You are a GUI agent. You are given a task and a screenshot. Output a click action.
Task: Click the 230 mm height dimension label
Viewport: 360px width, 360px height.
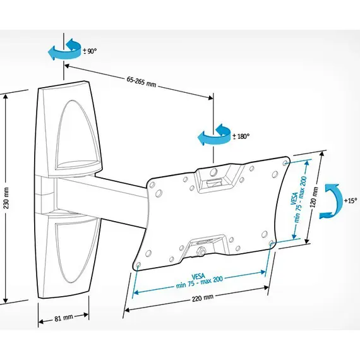6,198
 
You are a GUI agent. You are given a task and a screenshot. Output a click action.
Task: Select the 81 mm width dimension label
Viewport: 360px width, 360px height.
64,318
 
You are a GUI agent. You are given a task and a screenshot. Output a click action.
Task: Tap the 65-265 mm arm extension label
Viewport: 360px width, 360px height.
141,82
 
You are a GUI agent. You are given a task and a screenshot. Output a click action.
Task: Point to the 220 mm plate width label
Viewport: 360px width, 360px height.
203,297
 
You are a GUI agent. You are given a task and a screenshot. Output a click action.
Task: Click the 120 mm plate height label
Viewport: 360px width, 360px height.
315,198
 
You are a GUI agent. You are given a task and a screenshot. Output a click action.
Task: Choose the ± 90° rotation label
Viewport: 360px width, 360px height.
90,51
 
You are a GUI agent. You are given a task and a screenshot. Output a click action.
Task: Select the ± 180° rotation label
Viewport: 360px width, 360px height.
241,136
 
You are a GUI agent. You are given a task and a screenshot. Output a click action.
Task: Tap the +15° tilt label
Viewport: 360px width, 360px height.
351,200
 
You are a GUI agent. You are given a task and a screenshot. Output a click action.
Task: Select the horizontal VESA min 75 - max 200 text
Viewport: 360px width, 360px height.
200,281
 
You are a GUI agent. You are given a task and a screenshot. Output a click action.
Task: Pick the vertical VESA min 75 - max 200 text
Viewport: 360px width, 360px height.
298,199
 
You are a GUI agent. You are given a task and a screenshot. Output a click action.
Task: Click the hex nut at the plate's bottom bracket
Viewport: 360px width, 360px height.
201,251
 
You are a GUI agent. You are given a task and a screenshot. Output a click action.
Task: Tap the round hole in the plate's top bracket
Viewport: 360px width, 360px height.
214,172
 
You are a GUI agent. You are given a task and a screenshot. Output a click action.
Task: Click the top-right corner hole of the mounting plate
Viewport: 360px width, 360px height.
285,162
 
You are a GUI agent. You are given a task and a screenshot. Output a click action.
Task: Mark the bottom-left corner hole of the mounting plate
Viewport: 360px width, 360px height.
138,265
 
